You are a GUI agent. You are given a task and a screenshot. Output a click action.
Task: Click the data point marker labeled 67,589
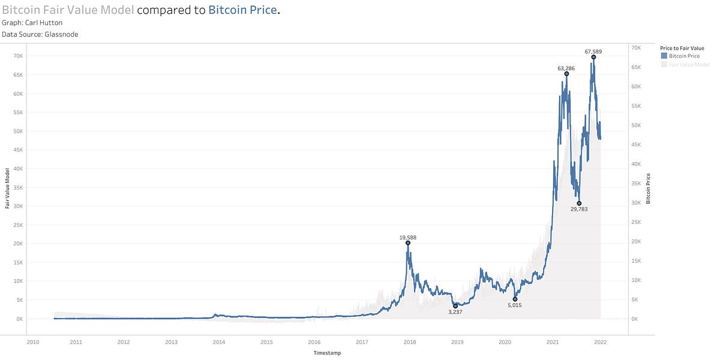point(593,58)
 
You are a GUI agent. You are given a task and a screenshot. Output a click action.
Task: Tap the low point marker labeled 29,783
point(579,203)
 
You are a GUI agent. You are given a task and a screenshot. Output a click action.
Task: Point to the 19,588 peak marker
point(408,243)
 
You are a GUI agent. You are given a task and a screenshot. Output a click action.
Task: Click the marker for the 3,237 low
point(455,306)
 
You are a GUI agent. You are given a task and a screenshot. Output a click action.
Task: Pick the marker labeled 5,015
point(515,299)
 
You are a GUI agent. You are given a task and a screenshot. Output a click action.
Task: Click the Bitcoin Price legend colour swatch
point(664,56)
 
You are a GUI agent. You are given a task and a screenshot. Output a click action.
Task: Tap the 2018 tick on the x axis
point(410,342)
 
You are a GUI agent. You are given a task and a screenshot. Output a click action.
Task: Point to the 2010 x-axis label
point(33,342)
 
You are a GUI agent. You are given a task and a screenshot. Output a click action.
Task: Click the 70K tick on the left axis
point(18,56)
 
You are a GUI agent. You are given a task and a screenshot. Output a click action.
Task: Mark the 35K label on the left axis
point(18,187)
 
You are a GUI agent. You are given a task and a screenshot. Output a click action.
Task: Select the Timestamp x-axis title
point(327,353)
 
